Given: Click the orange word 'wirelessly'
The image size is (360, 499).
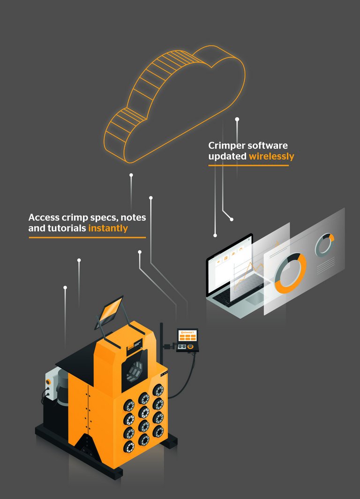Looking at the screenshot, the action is point(271,157).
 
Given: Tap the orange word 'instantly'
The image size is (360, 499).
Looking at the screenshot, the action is point(108,228).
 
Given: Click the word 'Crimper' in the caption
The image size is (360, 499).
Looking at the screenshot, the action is point(227,146).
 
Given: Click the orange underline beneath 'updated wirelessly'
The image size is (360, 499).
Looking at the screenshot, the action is point(248,166).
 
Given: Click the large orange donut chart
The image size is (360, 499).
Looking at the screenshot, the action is point(290,273).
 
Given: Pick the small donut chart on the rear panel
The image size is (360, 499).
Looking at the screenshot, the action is point(324,244).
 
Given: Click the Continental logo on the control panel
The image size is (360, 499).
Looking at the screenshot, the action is point(187,333).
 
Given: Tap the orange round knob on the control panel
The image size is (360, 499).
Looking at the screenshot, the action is point(190,347).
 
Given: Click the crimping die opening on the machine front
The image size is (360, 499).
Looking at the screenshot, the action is point(135,370).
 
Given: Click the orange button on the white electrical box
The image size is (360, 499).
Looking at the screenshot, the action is point(48,382).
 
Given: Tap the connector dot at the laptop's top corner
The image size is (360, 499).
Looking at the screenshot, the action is point(215,235).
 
